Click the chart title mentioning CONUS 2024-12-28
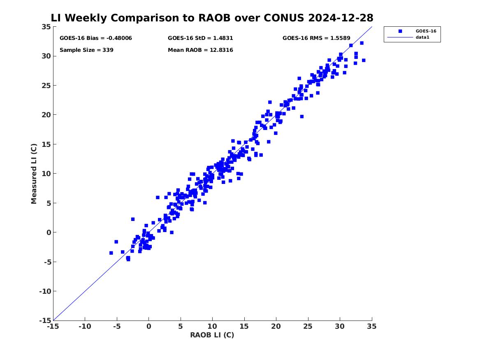pos(212,18)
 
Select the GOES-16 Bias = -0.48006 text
pos(96,38)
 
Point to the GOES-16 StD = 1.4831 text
pos(200,38)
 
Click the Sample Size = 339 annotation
pos(86,50)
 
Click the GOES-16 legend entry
pos(426,31)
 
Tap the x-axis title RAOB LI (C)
pos(212,335)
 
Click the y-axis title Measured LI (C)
pos(34,174)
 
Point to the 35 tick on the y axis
pos(46,27)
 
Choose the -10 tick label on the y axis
pos(45,291)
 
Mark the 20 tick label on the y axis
pos(46,115)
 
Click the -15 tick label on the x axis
pos(53,326)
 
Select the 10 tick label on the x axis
pos(212,326)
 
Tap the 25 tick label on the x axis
pos(308,326)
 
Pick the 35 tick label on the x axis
pos(372,326)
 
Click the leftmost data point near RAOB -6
pos(111,253)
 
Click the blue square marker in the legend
pos(400,31)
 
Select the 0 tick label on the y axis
pos(49,232)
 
